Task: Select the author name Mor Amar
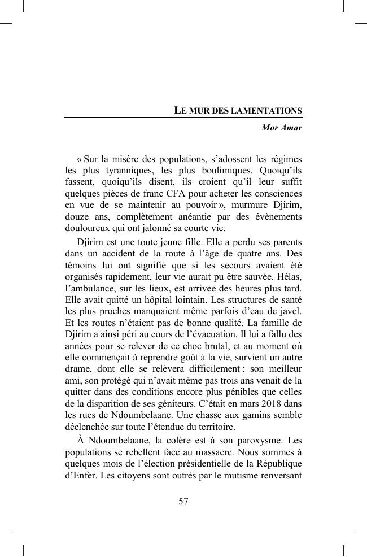tap(282, 128)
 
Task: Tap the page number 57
tap(183, 501)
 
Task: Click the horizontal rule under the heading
tap(183, 118)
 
